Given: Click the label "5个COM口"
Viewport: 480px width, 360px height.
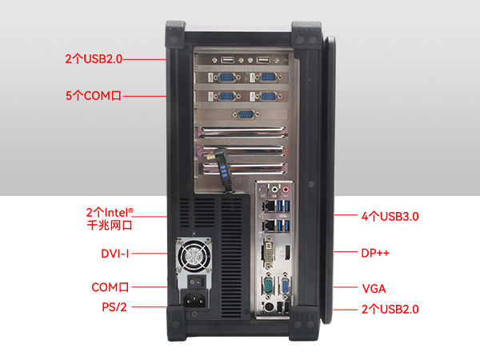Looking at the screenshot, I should coord(93,96).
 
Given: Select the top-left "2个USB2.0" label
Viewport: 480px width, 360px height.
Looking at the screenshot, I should coord(94,58).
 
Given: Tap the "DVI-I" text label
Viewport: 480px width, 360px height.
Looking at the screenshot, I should coord(115,254).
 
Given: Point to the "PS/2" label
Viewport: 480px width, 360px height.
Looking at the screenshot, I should coord(114,306).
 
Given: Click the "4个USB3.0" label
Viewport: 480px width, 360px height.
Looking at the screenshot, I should coord(390,216).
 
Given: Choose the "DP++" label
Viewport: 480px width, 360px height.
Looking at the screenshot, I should coord(375,253).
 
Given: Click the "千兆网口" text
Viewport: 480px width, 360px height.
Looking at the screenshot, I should coord(110,226).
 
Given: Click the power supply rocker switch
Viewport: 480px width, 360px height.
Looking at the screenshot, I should coord(193,282).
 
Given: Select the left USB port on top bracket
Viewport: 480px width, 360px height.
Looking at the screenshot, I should coord(229,60).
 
